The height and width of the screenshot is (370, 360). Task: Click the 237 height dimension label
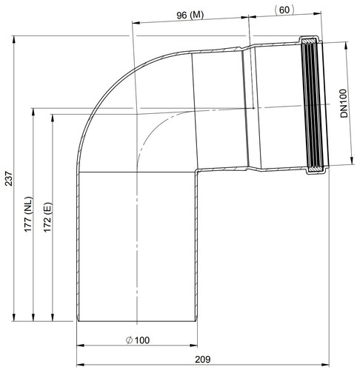point(8,178)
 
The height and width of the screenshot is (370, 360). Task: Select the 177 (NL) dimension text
point(28,214)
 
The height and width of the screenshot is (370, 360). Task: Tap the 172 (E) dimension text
point(47,218)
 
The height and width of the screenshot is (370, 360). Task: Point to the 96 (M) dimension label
point(190,16)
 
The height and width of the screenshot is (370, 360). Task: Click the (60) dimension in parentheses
point(284,10)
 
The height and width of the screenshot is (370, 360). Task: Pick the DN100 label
point(344,104)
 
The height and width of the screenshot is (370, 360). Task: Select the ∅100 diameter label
point(138,340)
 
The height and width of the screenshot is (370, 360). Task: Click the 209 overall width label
point(203,360)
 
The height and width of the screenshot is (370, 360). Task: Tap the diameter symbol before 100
point(130,340)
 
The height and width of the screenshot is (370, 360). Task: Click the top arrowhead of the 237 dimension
point(14,39)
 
